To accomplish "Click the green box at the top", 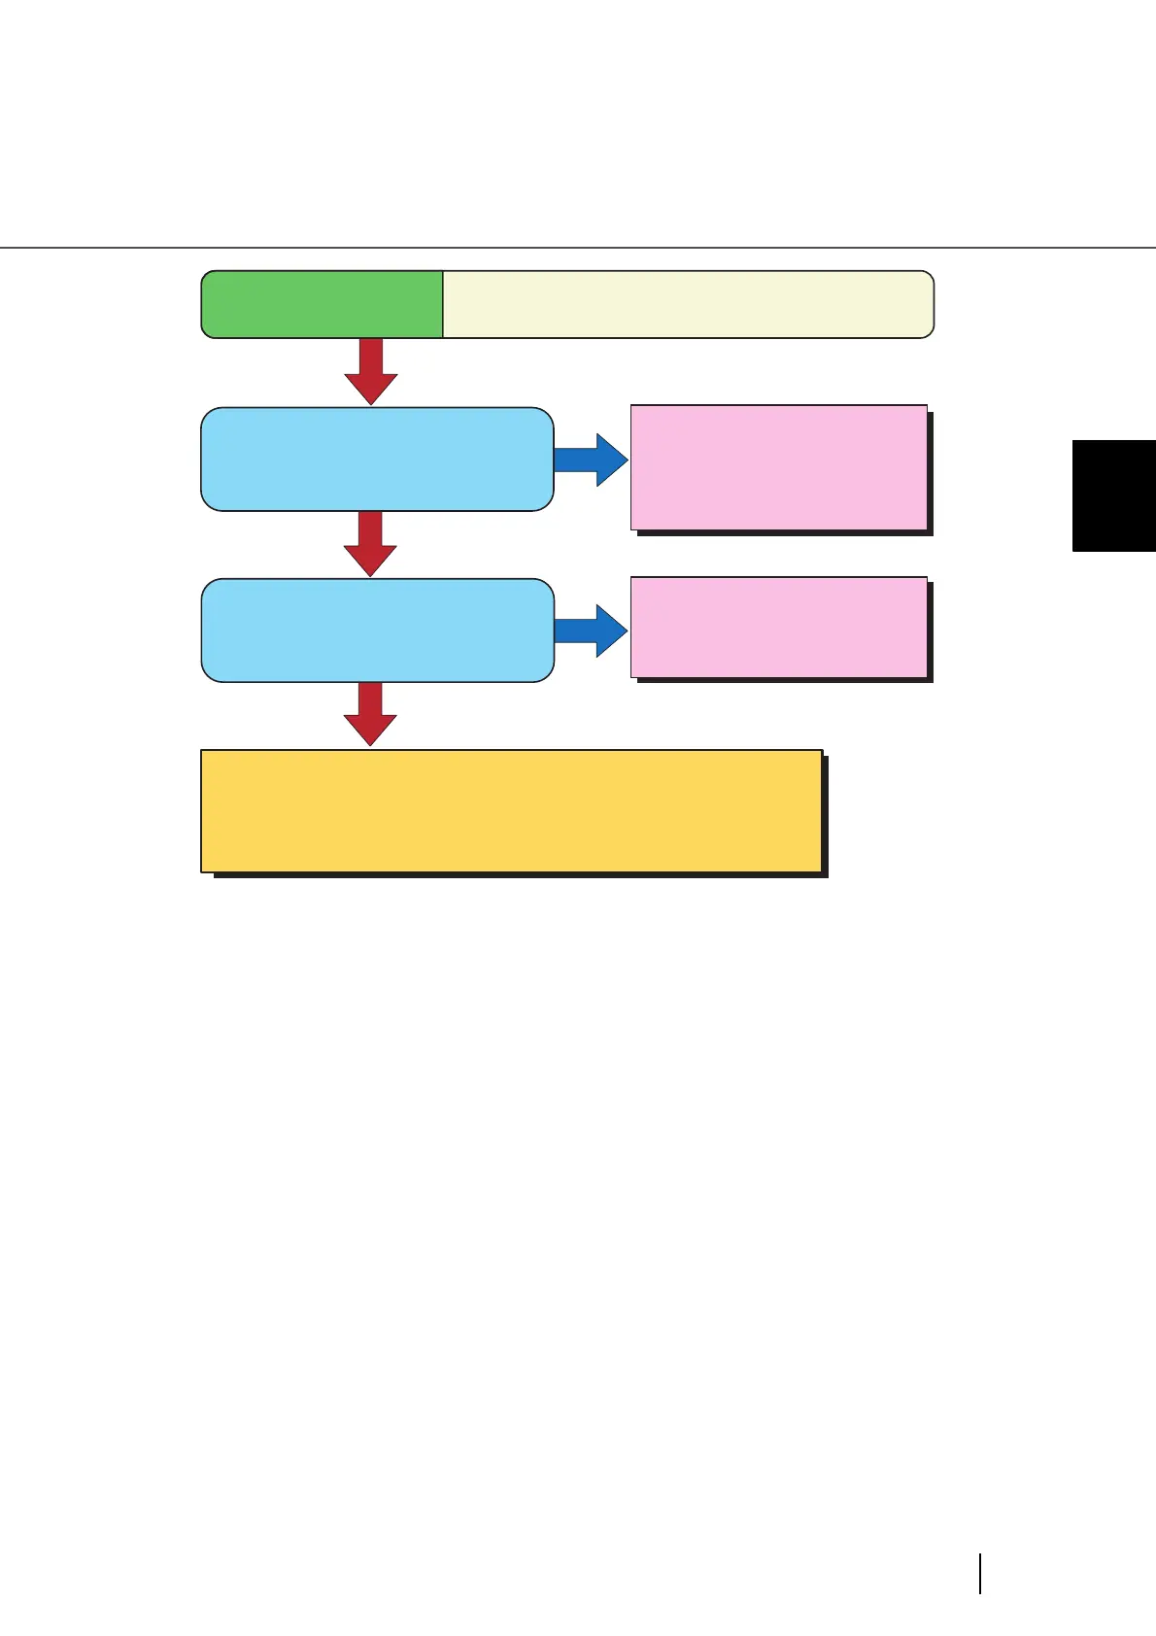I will pos(322,304).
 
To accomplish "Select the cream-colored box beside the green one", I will pos(688,304).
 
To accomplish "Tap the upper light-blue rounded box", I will pos(377,459).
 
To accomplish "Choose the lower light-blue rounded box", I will pos(377,630).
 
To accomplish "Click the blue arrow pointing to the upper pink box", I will pos(590,460).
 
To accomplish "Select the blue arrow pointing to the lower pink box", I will pos(590,631).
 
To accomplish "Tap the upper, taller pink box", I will pos(778,466).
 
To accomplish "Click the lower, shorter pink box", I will pos(778,627).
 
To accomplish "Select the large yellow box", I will pos(511,810).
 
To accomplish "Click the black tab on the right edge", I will pos(1113,495).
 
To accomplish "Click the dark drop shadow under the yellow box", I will pos(521,875).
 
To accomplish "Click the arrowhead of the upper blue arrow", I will pos(611,460).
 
